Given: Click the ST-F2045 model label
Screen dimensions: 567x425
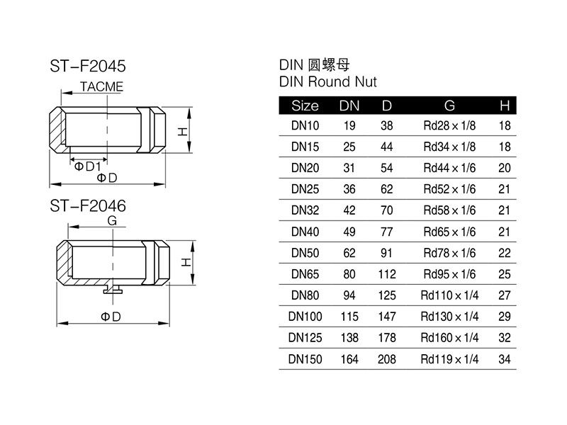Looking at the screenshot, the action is coord(88,66).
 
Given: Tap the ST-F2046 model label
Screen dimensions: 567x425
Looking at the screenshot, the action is coord(88,206).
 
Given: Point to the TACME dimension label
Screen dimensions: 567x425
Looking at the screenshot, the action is coord(101,86).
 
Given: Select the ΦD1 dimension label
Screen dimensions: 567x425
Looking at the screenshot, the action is coord(87,166).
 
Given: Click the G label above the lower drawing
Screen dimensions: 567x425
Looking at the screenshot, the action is coord(112,220).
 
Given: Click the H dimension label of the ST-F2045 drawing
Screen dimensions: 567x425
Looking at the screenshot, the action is coord(183,132).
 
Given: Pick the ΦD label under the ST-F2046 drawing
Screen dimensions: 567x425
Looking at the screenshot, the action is coord(111,317).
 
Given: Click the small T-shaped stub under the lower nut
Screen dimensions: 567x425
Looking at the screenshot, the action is coord(113,289).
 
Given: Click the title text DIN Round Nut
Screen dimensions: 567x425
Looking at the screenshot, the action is coord(328,81).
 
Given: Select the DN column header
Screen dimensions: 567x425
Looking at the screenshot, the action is coord(349,106).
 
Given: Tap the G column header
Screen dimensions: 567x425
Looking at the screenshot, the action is coord(449,106).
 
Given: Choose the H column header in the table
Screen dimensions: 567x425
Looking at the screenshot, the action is coord(505,106).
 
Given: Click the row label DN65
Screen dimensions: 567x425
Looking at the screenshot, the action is coord(305,274).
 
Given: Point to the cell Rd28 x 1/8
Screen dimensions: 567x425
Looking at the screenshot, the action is coord(449,126).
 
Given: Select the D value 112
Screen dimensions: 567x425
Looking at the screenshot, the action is coord(387,274).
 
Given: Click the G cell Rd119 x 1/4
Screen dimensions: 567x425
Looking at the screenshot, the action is coord(449,359).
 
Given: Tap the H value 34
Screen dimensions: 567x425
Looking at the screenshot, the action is coord(505,359).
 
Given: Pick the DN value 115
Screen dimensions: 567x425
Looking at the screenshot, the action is coord(349,317).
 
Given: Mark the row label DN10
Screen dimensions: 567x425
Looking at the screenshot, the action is coord(305,126).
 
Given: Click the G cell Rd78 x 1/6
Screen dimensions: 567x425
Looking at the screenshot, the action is coord(449,253).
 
